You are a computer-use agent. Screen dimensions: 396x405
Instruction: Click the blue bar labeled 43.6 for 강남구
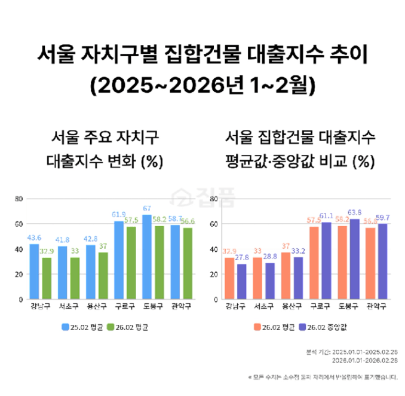coord(34,272)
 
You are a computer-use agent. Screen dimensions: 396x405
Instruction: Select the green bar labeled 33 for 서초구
coord(75,278)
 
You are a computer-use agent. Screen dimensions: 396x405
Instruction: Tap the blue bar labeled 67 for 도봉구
coord(147,257)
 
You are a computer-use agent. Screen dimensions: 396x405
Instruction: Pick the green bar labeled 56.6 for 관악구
coord(188,263)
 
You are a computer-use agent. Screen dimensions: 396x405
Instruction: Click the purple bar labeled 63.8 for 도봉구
coord(355,259)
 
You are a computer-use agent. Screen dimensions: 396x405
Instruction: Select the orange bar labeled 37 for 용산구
coord(286,276)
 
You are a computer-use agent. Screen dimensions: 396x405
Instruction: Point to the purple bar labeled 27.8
coord(241,282)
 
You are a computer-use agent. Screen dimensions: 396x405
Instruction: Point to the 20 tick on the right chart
coord(214,274)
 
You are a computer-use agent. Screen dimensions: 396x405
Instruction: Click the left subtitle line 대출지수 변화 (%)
coord(103,162)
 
